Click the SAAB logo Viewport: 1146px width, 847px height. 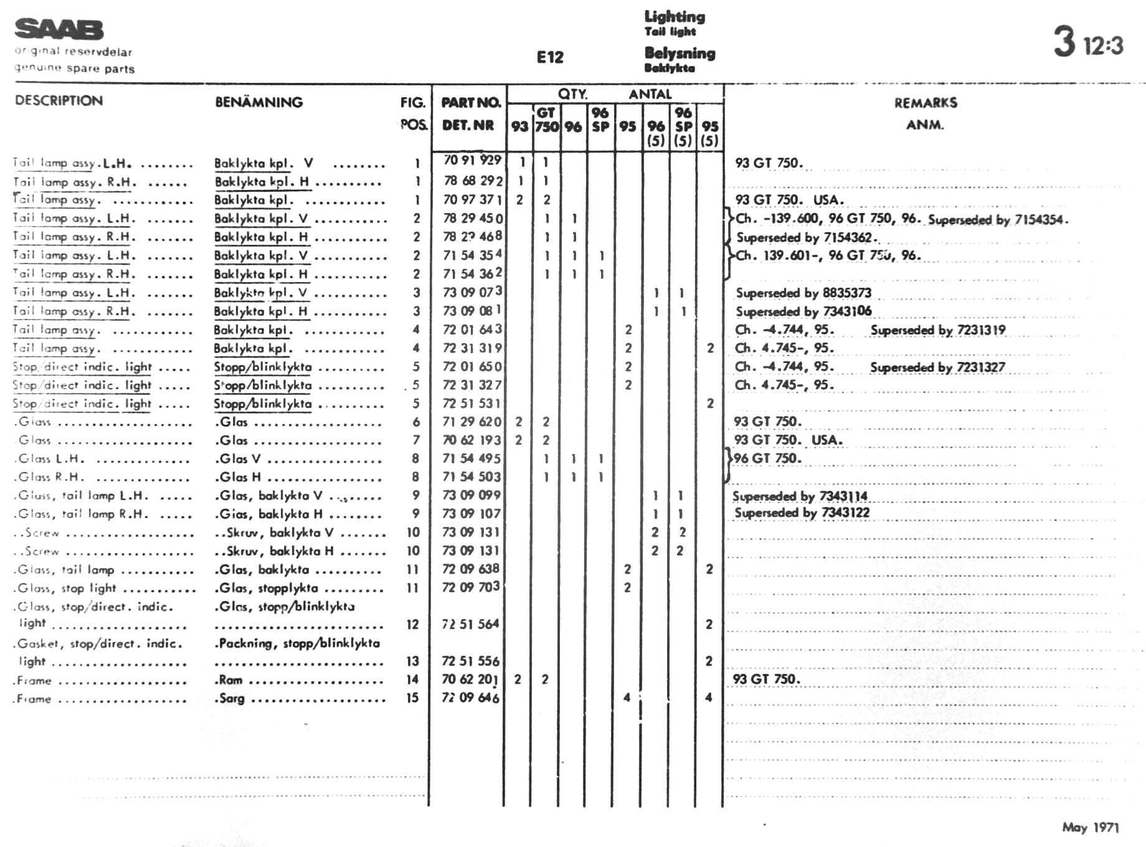[x=59, y=29]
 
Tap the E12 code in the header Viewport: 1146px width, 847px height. [x=550, y=57]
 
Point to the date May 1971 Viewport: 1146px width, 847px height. [x=1090, y=827]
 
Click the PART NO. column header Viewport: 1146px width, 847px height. [x=470, y=103]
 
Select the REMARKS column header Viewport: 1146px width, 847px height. [x=926, y=103]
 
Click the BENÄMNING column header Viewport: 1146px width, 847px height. [x=258, y=102]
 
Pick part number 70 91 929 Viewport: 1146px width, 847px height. [x=472, y=161]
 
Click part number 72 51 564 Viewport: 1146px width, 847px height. [x=470, y=624]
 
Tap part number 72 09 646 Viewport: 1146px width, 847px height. [x=470, y=698]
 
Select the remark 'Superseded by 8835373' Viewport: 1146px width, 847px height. [x=803, y=293]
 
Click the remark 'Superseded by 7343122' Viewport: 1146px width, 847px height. [x=802, y=513]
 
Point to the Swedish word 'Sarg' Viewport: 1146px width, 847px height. [x=231, y=698]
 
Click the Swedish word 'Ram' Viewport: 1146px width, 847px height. [x=230, y=679]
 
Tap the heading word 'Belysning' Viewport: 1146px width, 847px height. [x=680, y=53]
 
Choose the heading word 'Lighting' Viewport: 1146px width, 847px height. [x=675, y=17]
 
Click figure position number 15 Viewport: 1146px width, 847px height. [x=412, y=698]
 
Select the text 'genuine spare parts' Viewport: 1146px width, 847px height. [x=75, y=69]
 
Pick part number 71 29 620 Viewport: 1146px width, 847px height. [x=471, y=422]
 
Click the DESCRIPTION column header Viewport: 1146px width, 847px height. [x=59, y=100]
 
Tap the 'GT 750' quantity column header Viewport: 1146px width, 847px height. [x=546, y=120]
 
